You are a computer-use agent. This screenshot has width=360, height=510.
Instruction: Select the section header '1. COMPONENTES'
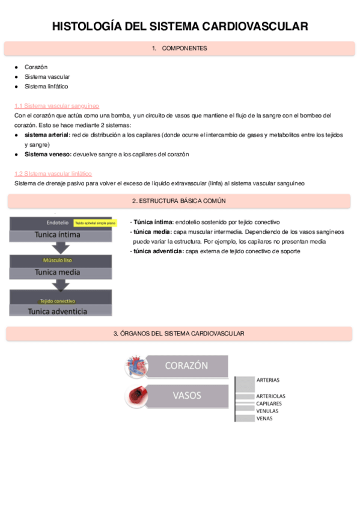(180, 48)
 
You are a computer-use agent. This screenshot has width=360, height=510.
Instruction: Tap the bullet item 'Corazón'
(36, 67)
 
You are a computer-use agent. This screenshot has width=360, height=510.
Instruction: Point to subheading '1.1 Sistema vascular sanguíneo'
(56, 105)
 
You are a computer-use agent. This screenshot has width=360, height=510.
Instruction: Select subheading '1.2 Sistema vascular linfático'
(53, 173)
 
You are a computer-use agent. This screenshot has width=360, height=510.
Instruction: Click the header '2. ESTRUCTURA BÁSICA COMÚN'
(178, 200)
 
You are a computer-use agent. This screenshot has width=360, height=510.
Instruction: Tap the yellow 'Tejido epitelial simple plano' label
(95, 223)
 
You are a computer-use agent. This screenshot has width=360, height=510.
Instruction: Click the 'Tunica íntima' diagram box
(60, 234)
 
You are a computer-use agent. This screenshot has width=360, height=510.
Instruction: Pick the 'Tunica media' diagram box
(60, 272)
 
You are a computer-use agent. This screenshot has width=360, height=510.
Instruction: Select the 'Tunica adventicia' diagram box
(60, 311)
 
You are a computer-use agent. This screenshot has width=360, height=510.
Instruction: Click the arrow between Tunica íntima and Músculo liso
(60, 247)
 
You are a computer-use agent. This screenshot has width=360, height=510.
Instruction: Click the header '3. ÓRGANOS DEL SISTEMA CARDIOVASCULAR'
(178, 333)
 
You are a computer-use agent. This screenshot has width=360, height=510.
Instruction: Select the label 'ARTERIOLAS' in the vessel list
(270, 396)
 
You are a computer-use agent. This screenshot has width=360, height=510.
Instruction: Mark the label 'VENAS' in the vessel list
(264, 418)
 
